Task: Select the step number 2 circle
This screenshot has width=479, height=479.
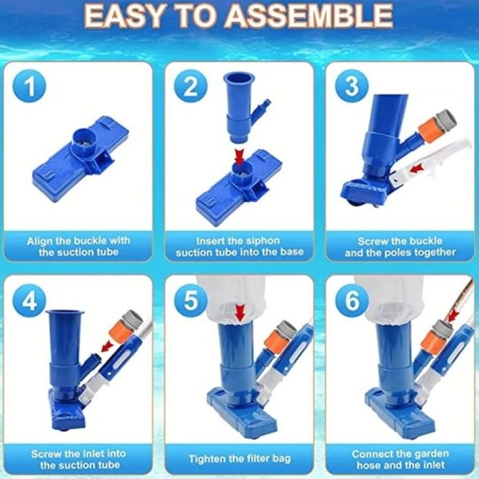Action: coord(190,87)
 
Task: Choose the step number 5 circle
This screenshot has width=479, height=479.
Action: coord(190,300)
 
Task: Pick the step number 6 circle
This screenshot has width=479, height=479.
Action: coord(351,300)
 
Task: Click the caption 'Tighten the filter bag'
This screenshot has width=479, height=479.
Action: coord(239,459)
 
